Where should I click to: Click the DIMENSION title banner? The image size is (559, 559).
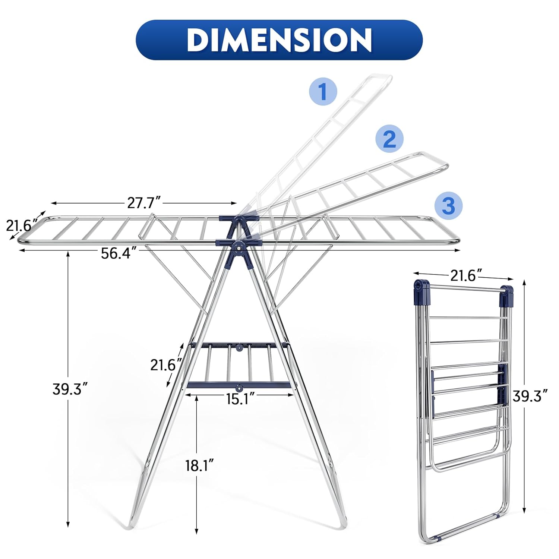[x=279, y=40]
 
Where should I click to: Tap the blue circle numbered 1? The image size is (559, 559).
[x=323, y=91]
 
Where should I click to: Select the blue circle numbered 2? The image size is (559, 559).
[x=389, y=139]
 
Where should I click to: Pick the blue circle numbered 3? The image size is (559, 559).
[x=448, y=205]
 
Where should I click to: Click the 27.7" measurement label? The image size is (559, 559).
[x=144, y=203]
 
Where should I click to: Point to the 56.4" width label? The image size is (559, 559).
[x=117, y=253]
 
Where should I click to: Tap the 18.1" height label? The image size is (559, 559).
[x=199, y=465]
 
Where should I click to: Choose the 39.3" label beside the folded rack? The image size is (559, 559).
[x=530, y=396]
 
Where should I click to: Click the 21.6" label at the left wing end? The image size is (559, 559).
[x=22, y=225]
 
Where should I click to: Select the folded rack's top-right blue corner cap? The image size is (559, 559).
[x=506, y=294]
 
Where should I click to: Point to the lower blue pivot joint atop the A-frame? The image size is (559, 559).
[x=237, y=246]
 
